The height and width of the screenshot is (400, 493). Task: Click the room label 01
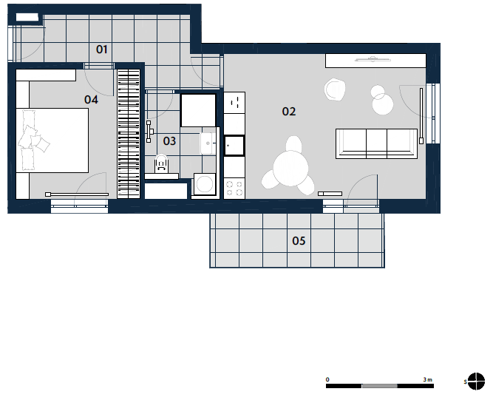101,50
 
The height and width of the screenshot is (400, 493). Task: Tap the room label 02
289,112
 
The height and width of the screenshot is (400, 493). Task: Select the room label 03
169,141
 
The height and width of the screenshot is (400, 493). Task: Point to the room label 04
91,100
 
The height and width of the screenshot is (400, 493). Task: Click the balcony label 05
299,241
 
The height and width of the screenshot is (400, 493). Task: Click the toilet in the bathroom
162,163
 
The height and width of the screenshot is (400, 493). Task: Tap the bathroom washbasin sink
208,143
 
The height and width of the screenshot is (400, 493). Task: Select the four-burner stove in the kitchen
234,188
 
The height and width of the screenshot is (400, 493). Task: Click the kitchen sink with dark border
234,146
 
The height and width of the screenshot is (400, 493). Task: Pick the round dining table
290,169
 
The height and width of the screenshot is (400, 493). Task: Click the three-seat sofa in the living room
376,143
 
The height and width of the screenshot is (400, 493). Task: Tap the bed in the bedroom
52,140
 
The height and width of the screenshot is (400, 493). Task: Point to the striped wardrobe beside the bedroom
129,134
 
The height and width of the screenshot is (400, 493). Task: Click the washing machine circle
205,183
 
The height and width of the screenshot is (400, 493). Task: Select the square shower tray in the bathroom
198,110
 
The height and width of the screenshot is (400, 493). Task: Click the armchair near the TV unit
335,89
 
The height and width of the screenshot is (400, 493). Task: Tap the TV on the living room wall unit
373,59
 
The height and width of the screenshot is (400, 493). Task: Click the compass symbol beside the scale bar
476,381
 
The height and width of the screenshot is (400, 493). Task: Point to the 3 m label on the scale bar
428,379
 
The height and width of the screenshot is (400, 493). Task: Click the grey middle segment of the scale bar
380,386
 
